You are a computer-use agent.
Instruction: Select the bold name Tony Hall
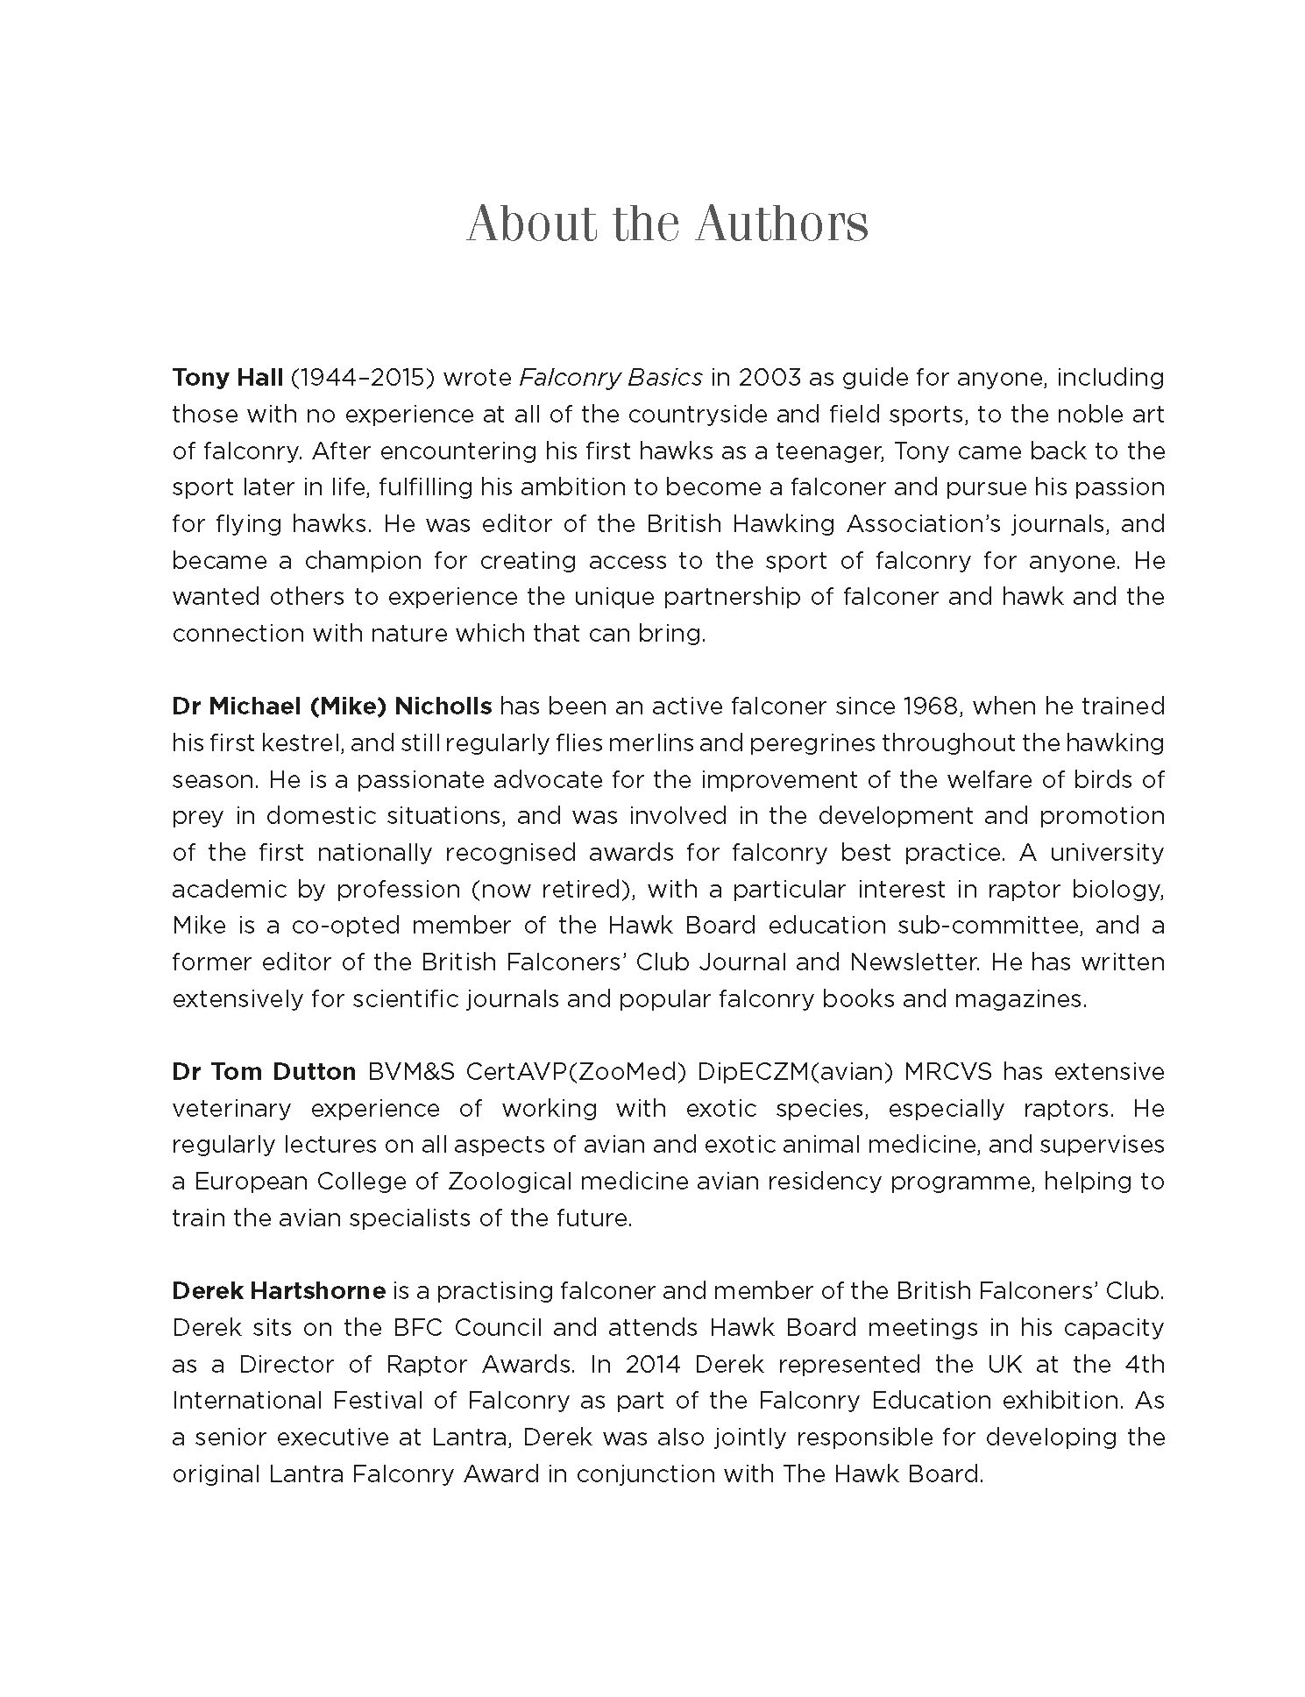tap(227, 378)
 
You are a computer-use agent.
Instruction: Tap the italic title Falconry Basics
tap(610, 378)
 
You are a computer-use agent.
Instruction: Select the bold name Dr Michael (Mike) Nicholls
tap(331, 706)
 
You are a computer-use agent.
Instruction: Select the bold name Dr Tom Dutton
tap(264, 1072)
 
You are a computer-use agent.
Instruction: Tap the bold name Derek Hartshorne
tap(279, 1291)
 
